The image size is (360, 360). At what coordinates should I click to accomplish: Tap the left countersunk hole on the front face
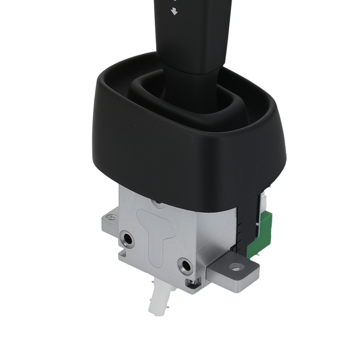pos(127,239)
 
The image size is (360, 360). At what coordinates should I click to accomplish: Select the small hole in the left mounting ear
pos(109,217)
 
